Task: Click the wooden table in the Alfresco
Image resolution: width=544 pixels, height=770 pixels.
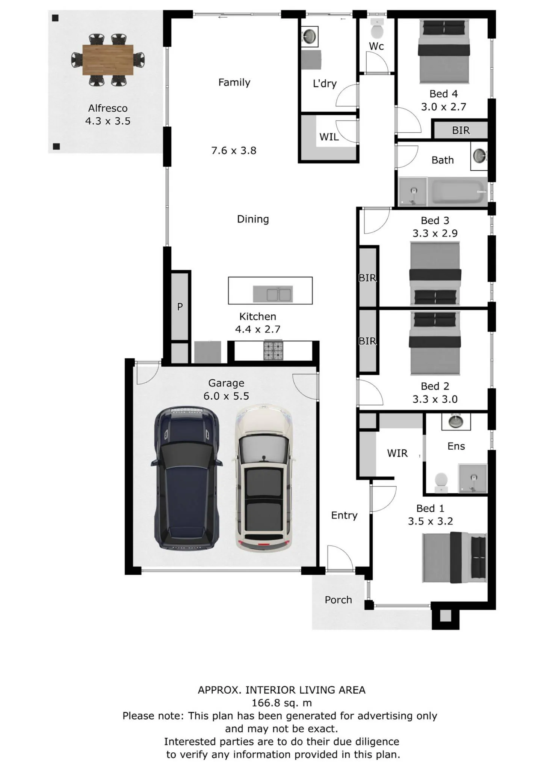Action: [x=108, y=60]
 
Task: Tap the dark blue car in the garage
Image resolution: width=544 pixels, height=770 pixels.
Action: [x=187, y=478]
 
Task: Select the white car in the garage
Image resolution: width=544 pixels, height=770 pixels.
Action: [x=263, y=478]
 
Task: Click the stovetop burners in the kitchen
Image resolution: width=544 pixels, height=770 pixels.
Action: [x=273, y=350]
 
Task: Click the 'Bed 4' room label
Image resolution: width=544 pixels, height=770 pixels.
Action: [x=444, y=94]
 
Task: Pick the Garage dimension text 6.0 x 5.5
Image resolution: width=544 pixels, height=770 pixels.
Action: [x=226, y=396]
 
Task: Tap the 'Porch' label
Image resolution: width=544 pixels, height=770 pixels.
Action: [x=338, y=600]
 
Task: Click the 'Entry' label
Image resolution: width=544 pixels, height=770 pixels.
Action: [x=344, y=515]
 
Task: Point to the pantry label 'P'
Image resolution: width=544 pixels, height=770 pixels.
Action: [x=180, y=307]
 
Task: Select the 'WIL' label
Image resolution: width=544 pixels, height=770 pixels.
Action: [x=329, y=137]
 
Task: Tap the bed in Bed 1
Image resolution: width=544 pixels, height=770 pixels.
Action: [x=454, y=558]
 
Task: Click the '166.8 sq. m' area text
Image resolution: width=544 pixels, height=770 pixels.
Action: [x=282, y=703]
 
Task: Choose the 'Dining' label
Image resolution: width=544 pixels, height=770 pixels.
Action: [x=253, y=219]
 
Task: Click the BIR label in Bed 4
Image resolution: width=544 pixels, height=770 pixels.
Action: [x=461, y=130]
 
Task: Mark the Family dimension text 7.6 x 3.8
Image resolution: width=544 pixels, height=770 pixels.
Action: [x=234, y=150]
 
